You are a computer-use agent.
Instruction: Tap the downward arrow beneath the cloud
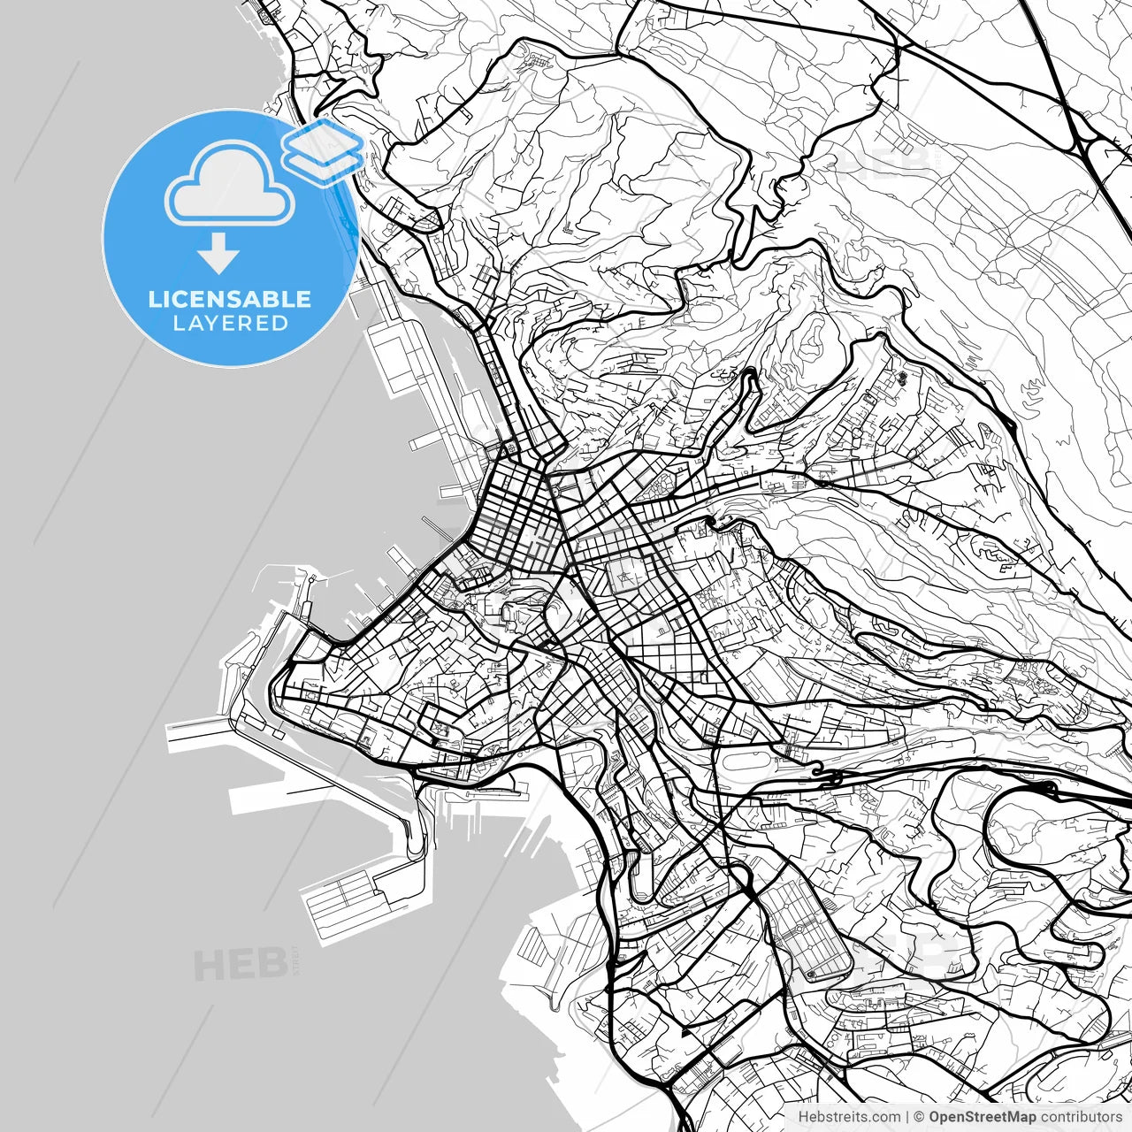click(x=218, y=254)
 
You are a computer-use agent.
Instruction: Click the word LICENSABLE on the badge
click(x=230, y=299)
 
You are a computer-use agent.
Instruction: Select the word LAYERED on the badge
click(x=230, y=324)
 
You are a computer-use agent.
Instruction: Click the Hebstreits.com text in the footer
click(x=849, y=1116)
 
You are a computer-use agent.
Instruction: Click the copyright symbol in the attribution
click(x=919, y=1116)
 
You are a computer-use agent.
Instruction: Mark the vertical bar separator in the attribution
click(x=907, y=1116)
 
